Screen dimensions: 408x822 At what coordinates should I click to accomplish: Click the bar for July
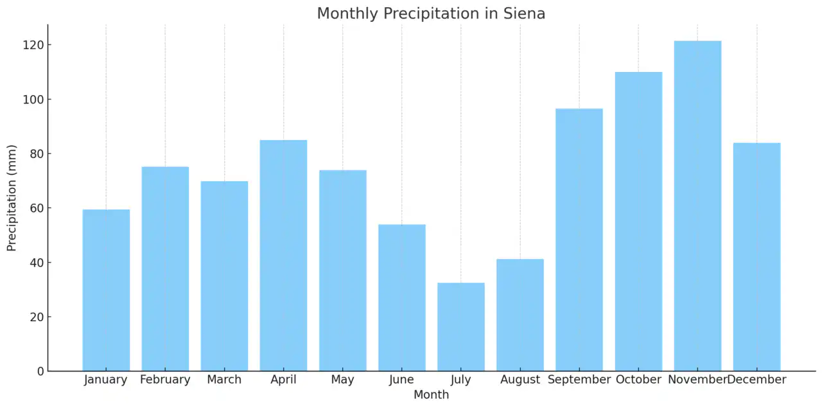(461, 327)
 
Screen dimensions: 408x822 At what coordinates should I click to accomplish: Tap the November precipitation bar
(697, 206)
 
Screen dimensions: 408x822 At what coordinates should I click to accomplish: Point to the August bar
(520, 315)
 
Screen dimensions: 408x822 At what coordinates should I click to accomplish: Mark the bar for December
(756, 257)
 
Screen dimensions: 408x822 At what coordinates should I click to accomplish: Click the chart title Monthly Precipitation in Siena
(431, 13)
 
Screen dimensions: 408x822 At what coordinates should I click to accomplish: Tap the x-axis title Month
(431, 395)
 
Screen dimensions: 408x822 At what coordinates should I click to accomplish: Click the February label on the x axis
(165, 380)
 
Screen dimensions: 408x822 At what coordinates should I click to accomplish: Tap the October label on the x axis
(638, 380)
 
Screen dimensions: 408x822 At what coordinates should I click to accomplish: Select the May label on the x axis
(342, 380)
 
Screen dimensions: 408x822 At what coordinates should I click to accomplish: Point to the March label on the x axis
(224, 380)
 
